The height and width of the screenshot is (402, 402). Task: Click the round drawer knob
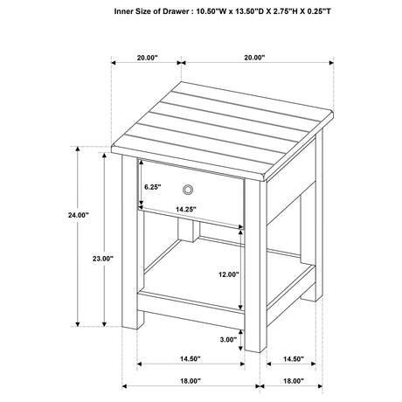click(x=189, y=189)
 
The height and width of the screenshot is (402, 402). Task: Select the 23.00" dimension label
click(x=102, y=258)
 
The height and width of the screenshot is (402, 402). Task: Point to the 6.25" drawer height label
click(x=154, y=186)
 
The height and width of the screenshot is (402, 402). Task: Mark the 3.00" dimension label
click(x=228, y=339)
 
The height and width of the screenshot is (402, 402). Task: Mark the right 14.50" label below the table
click(x=293, y=358)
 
